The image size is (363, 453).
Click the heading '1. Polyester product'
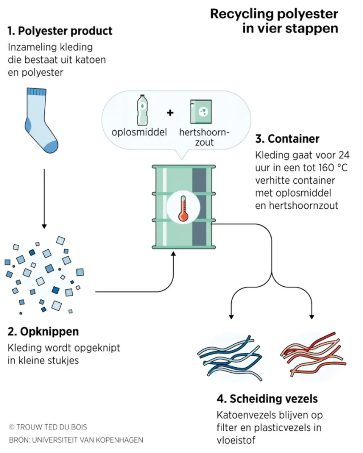click(60, 31)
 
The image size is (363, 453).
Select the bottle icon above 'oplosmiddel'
click(142, 110)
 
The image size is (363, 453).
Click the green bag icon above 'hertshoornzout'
click(201, 112)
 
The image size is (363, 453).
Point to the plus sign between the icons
click(170, 113)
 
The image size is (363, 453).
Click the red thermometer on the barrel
click(183, 209)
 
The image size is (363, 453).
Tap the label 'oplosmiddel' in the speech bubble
click(139, 132)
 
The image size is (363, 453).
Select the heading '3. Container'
click(287, 139)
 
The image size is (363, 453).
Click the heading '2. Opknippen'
click(43, 331)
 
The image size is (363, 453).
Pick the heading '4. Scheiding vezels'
click(267, 399)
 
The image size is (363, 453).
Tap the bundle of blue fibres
click(230, 358)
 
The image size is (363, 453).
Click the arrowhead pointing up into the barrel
click(173, 254)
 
